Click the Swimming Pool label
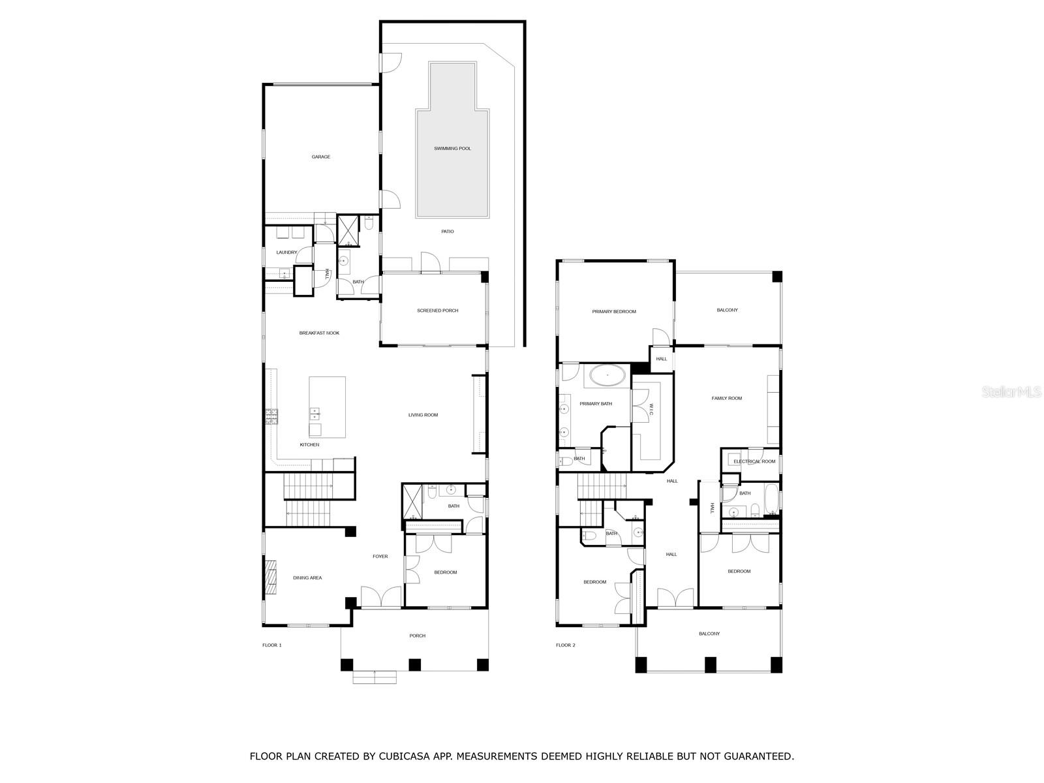click(x=452, y=149)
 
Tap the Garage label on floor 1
click(x=320, y=157)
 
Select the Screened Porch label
click(x=437, y=311)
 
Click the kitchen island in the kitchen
click(x=327, y=407)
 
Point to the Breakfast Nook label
click(x=319, y=333)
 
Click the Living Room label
click(x=423, y=415)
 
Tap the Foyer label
click(x=380, y=557)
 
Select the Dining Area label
click(x=307, y=578)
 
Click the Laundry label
click(x=286, y=253)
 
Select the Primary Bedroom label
click(x=613, y=312)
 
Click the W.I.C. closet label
click(x=651, y=410)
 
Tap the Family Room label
click(x=726, y=399)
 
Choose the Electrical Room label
click(x=754, y=462)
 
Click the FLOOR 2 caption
click(x=566, y=645)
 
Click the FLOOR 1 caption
click(x=271, y=645)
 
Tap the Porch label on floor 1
click(x=417, y=636)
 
